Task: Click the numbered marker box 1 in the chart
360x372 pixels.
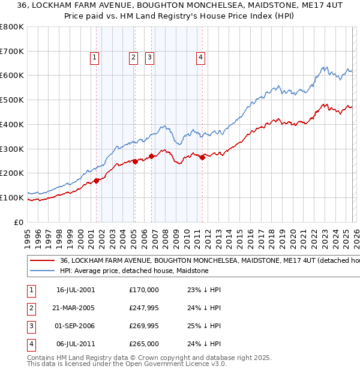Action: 95,58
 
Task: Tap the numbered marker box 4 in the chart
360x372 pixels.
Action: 200,58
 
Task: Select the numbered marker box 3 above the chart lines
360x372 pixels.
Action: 149,58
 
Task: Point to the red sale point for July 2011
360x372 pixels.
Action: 202,157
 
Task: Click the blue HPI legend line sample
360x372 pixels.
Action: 43,271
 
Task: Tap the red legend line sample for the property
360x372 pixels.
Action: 43,261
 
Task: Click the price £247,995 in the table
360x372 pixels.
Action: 144,308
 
